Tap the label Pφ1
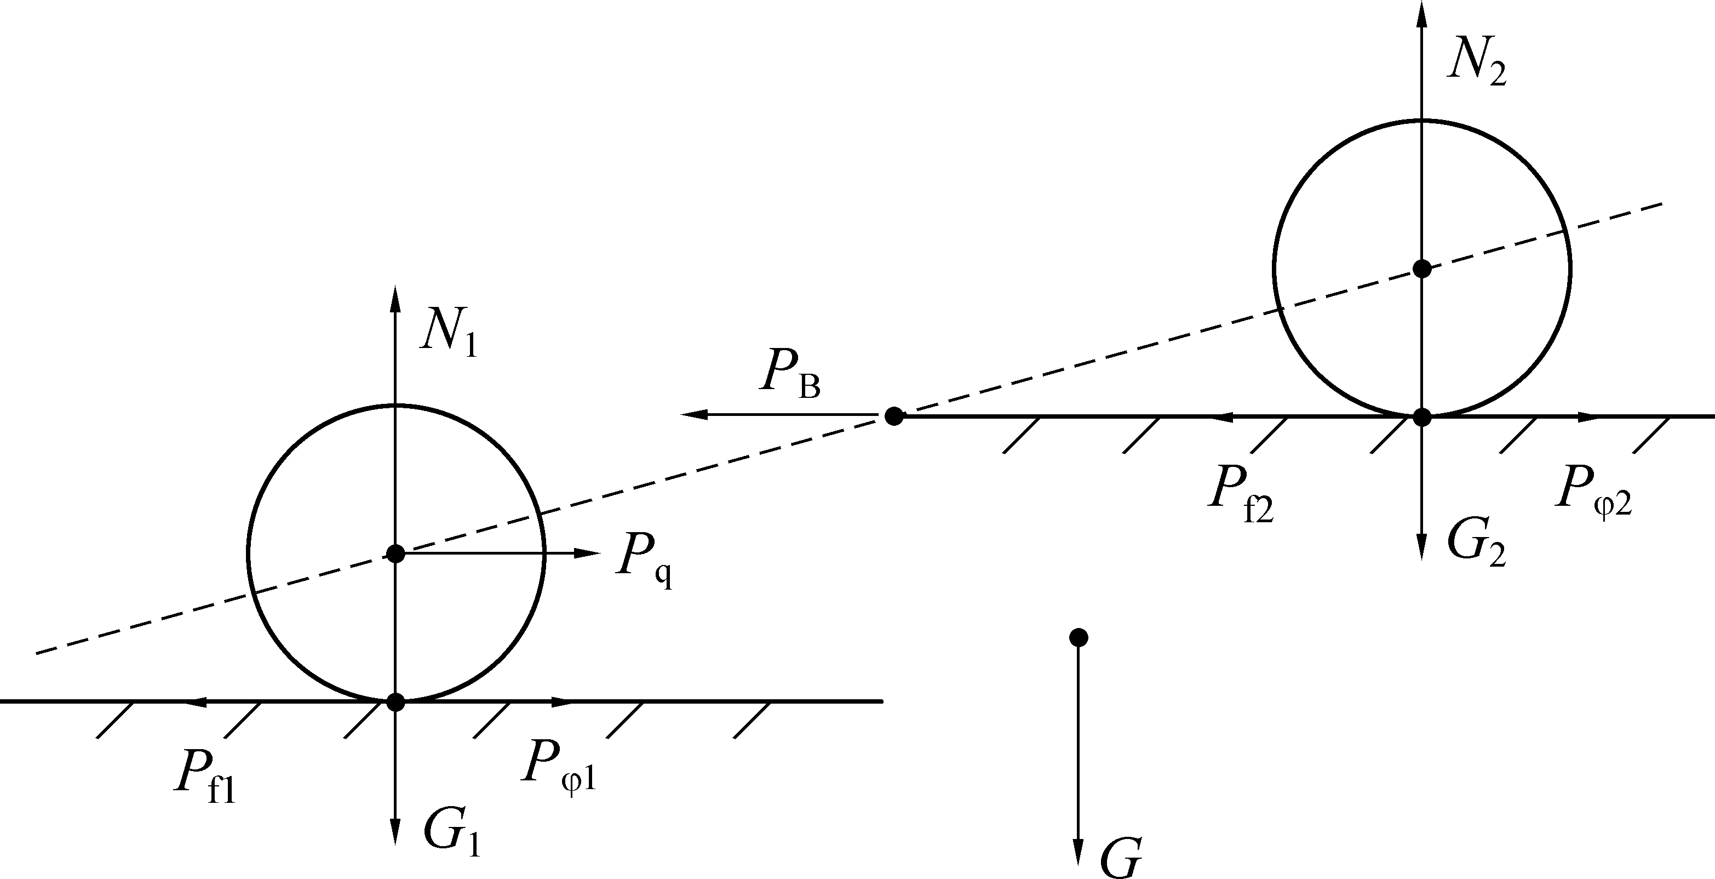pyautogui.click(x=559, y=766)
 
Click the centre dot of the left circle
pyautogui.click(x=395, y=553)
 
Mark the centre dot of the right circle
pyautogui.click(x=1422, y=269)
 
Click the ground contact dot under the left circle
pyautogui.click(x=395, y=702)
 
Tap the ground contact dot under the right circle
pyautogui.click(x=1422, y=418)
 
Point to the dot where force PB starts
pyautogui.click(x=893, y=416)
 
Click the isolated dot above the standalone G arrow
pyautogui.click(x=1079, y=637)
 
